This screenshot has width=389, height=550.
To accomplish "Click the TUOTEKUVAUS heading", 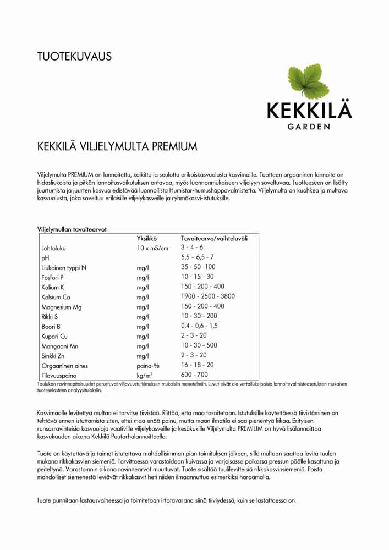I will click(74, 56).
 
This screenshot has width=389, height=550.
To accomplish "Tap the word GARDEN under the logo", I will click(309, 127).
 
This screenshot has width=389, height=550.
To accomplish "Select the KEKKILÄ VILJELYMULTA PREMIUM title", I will click(117, 147).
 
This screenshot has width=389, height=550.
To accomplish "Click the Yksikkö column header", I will click(147, 238).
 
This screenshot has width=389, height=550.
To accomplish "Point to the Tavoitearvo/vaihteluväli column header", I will click(214, 238).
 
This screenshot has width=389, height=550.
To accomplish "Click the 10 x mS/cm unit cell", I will click(152, 248).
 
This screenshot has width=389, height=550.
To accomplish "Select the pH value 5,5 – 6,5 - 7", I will click(198, 257).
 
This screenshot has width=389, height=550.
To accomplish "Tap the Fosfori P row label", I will click(53, 277).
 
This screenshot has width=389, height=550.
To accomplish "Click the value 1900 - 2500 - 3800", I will click(208, 296).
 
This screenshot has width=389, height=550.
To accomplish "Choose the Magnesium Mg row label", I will click(62, 306).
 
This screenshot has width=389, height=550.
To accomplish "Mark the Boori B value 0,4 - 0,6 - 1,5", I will click(199, 326).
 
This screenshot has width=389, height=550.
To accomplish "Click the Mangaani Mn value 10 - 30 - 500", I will click(199, 345).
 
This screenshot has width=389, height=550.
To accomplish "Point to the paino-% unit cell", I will click(148, 365).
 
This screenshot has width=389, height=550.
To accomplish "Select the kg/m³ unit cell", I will click(145, 375).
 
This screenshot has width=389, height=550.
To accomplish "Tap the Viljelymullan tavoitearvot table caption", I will click(72, 229).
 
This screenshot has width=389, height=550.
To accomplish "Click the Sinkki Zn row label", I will click(53, 356).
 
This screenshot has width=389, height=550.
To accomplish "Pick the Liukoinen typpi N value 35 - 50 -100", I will click(198, 267).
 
